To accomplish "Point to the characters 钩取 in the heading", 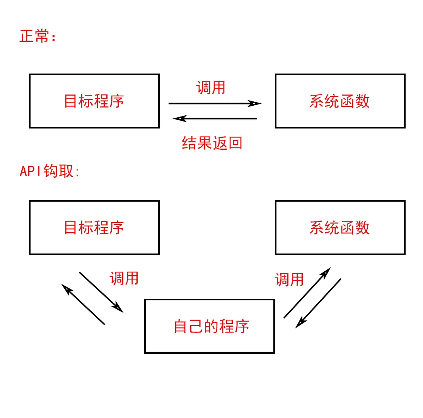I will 58,171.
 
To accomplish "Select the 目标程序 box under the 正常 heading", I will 94,101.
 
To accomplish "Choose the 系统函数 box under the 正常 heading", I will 340,101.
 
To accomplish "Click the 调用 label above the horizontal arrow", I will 211,87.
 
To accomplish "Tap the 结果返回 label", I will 212,143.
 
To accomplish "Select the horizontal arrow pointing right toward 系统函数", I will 215,103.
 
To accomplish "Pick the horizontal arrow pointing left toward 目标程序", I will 215,118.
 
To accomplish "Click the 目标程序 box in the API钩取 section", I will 94,228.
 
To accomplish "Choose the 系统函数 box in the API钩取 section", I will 340,228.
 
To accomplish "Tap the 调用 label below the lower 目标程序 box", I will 124,278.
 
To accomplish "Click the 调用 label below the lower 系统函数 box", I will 289,279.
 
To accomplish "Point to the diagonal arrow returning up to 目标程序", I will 83,304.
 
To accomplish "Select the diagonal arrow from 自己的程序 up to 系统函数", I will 307,293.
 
